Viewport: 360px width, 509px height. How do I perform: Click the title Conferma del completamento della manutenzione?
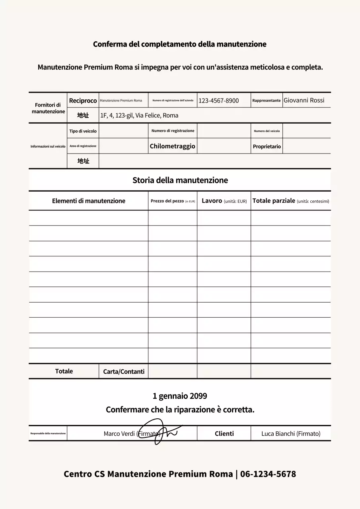(179, 44)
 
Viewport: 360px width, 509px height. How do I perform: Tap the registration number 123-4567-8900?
(218, 101)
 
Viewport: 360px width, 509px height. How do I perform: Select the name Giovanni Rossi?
(304, 100)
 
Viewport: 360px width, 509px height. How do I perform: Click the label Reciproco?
(83, 101)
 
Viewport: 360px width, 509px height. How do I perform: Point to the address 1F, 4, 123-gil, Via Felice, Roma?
(139, 116)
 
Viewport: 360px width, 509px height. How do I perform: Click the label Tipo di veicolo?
(83, 131)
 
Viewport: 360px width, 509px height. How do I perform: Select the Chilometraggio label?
(172, 146)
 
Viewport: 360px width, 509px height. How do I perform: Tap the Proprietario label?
(267, 147)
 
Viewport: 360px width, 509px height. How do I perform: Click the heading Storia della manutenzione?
(180, 181)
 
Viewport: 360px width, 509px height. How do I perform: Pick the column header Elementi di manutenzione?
(88, 201)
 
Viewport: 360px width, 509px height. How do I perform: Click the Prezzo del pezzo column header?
(173, 201)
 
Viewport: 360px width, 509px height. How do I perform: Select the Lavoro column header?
(224, 201)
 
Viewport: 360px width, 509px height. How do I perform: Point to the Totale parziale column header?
(290, 201)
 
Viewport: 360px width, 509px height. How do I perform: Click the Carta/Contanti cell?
(123, 372)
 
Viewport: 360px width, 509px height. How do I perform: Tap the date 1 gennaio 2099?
(180, 396)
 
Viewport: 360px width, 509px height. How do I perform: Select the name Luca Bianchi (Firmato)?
(290, 434)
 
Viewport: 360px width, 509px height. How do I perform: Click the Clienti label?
(224, 434)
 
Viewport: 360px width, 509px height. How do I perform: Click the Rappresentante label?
(266, 101)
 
